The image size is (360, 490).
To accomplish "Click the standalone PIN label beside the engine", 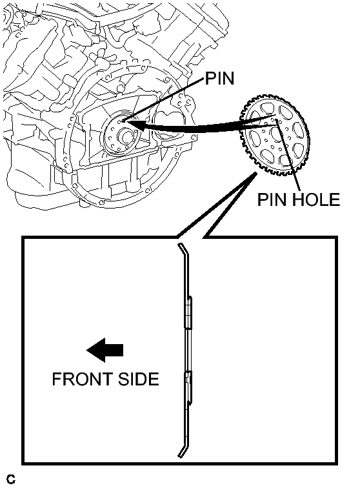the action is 219,78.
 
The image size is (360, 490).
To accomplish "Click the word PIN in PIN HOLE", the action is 270,199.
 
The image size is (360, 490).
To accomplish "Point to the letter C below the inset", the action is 11,479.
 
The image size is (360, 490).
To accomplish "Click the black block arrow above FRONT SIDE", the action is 105,350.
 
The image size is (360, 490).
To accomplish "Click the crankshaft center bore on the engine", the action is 126,137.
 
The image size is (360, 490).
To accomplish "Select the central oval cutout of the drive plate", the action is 276,133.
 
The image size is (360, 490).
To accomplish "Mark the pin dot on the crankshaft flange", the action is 124,120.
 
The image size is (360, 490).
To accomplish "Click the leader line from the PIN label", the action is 165,99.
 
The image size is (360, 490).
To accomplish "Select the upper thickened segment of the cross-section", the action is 188,312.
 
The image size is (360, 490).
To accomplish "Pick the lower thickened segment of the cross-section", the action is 188,387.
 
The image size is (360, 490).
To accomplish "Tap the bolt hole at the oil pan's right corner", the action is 194,137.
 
